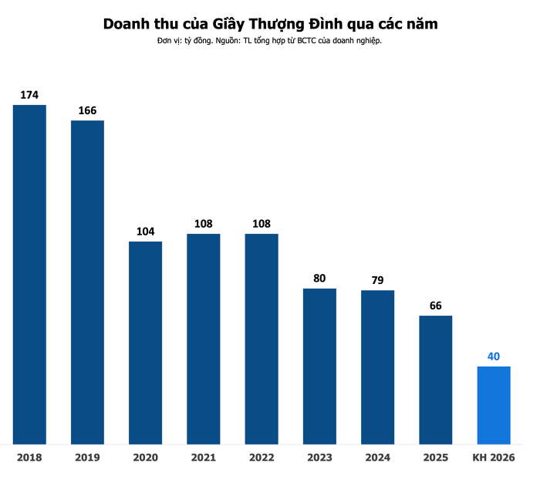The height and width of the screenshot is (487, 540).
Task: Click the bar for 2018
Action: tap(29, 274)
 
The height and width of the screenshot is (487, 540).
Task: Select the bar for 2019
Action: tap(87, 282)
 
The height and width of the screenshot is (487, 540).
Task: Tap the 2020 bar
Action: tap(145, 343)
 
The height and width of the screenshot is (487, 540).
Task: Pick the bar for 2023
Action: tap(319, 366)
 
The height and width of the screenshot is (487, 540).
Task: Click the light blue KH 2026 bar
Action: tap(494, 405)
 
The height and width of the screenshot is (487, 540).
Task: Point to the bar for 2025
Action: tap(436, 380)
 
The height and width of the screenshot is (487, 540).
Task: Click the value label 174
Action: tap(29, 95)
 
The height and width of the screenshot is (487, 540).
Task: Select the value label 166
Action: tap(87, 110)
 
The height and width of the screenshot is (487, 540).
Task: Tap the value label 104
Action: tap(145, 232)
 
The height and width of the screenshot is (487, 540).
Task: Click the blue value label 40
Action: tap(494, 357)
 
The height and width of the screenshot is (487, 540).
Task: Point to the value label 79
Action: tap(377, 280)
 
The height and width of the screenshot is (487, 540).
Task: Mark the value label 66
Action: tap(436, 306)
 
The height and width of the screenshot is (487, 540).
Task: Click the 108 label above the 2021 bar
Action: tap(204, 224)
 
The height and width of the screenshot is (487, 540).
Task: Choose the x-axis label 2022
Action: tap(262, 458)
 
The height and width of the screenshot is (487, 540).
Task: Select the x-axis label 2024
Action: tap(377, 458)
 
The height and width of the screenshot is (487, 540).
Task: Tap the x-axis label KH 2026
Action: tap(494, 458)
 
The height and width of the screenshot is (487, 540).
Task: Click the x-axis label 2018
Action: tap(29, 458)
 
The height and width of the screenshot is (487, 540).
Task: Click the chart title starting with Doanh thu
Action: tap(270, 24)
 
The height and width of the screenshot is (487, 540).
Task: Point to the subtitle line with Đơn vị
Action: tap(270, 41)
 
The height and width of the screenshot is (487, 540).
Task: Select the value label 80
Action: tap(319, 279)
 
